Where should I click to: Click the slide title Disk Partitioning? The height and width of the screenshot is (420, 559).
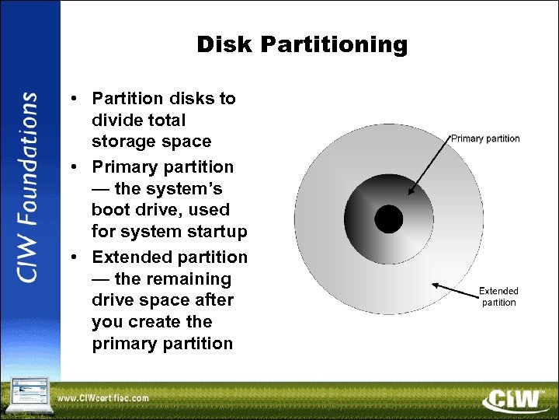coord(301,45)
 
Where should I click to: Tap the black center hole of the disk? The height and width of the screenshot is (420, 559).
coord(389,219)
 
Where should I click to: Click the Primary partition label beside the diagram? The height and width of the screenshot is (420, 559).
coord(485,138)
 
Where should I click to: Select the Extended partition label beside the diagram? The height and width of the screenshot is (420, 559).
coord(498,296)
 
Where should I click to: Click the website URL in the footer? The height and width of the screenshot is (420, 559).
coord(103,398)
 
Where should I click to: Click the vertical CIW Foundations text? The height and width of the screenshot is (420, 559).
coord(29,187)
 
